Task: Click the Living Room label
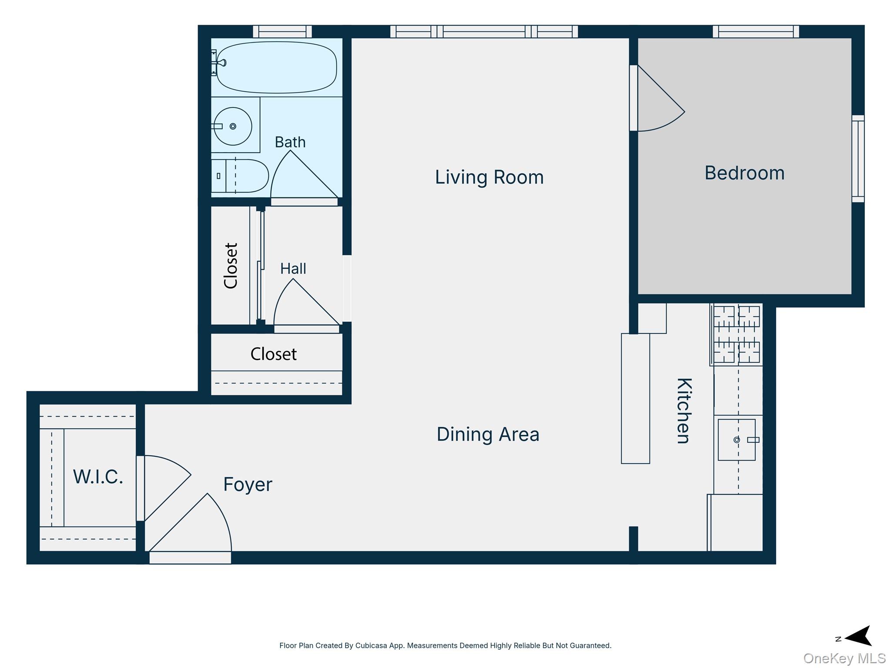pos(489,177)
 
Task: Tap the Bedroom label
pos(744,173)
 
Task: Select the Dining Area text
pos(488,434)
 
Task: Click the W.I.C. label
pos(98,477)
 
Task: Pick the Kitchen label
pos(684,411)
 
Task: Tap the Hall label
pos(293,269)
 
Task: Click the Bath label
pos(290,142)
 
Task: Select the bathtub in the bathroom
pos(276,67)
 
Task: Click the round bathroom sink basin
pos(233,126)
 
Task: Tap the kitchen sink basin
pos(737,440)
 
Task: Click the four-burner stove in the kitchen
pos(737,334)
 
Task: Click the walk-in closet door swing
pos(167,488)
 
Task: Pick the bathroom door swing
pos(303,176)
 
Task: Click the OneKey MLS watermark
pos(844,658)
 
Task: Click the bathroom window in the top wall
pos(282,32)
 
